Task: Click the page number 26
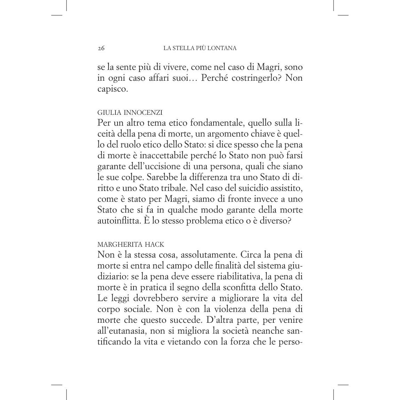coord(101,48)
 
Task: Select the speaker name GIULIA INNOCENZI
coord(130,112)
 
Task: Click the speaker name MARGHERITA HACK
coord(131,245)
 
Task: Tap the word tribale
coord(171,188)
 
